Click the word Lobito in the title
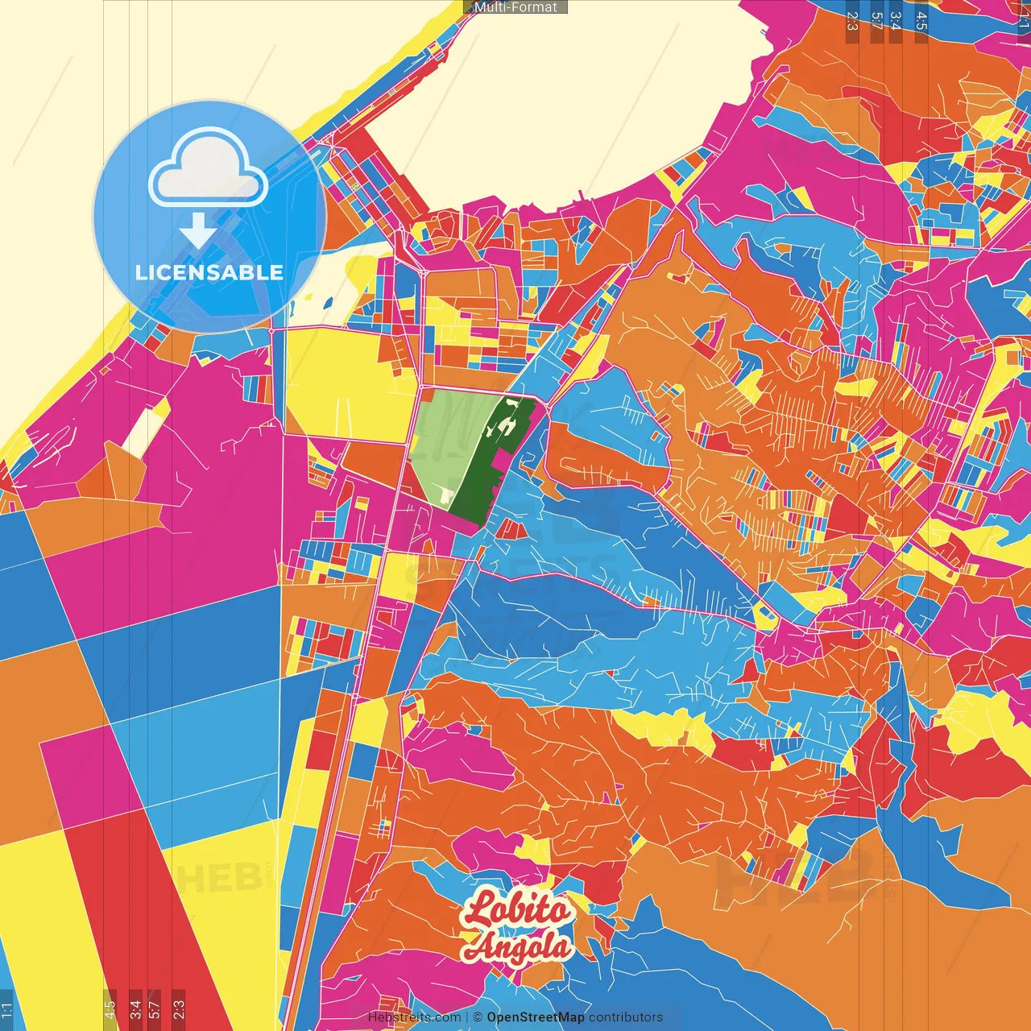coord(517,910)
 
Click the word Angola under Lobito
coord(519,947)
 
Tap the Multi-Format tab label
coord(515,7)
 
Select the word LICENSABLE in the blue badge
coord(209,272)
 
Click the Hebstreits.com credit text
coord(414,1017)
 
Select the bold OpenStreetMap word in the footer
coord(535,1017)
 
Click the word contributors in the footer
coord(626,1017)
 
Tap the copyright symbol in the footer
coord(478,1017)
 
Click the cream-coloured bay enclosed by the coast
coord(564,105)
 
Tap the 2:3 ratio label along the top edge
coord(851,21)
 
